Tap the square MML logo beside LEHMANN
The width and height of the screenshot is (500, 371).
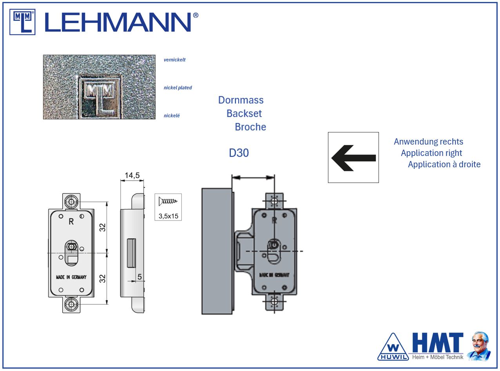coord(22,22)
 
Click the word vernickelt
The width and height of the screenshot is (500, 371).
coord(175,60)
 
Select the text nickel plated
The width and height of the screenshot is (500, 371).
coord(178,88)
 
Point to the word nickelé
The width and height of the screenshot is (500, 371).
coord(172,116)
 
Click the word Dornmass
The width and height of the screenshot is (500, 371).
coord(241,100)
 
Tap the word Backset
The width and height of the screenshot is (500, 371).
coord(244,114)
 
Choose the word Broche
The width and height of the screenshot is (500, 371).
coord(250,127)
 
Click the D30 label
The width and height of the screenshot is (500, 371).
coord(239,153)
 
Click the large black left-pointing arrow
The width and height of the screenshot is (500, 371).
coord(353,158)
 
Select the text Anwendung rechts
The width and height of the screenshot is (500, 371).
coord(428,142)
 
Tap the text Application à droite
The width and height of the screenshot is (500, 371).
coord(444,165)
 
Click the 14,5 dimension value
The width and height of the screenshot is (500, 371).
coord(132,176)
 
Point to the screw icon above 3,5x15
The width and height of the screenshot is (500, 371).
coord(168,202)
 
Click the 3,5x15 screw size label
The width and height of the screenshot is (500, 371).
coord(168,216)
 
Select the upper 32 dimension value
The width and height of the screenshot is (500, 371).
coord(102,227)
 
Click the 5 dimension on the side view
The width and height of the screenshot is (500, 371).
coord(139,277)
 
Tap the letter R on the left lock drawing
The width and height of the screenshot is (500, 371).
coord(71,221)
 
